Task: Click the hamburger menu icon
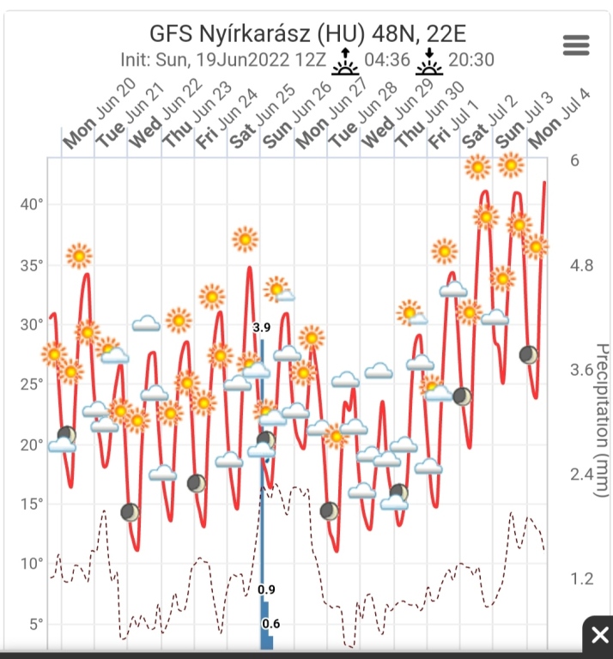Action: coord(576,45)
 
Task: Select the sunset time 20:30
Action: coord(470,62)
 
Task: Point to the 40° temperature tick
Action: coord(32,204)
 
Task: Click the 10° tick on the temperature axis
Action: coord(32,564)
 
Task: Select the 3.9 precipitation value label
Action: coord(262,327)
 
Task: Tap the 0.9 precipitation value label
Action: coord(266,589)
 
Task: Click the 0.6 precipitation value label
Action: coord(271,623)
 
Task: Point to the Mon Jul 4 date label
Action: coord(558,117)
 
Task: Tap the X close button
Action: coord(598,636)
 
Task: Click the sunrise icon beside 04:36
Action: coord(345,62)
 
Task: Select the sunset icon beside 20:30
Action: coord(429,62)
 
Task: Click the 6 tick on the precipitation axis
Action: coord(575,160)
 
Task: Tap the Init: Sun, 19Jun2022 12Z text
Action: coord(223,62)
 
